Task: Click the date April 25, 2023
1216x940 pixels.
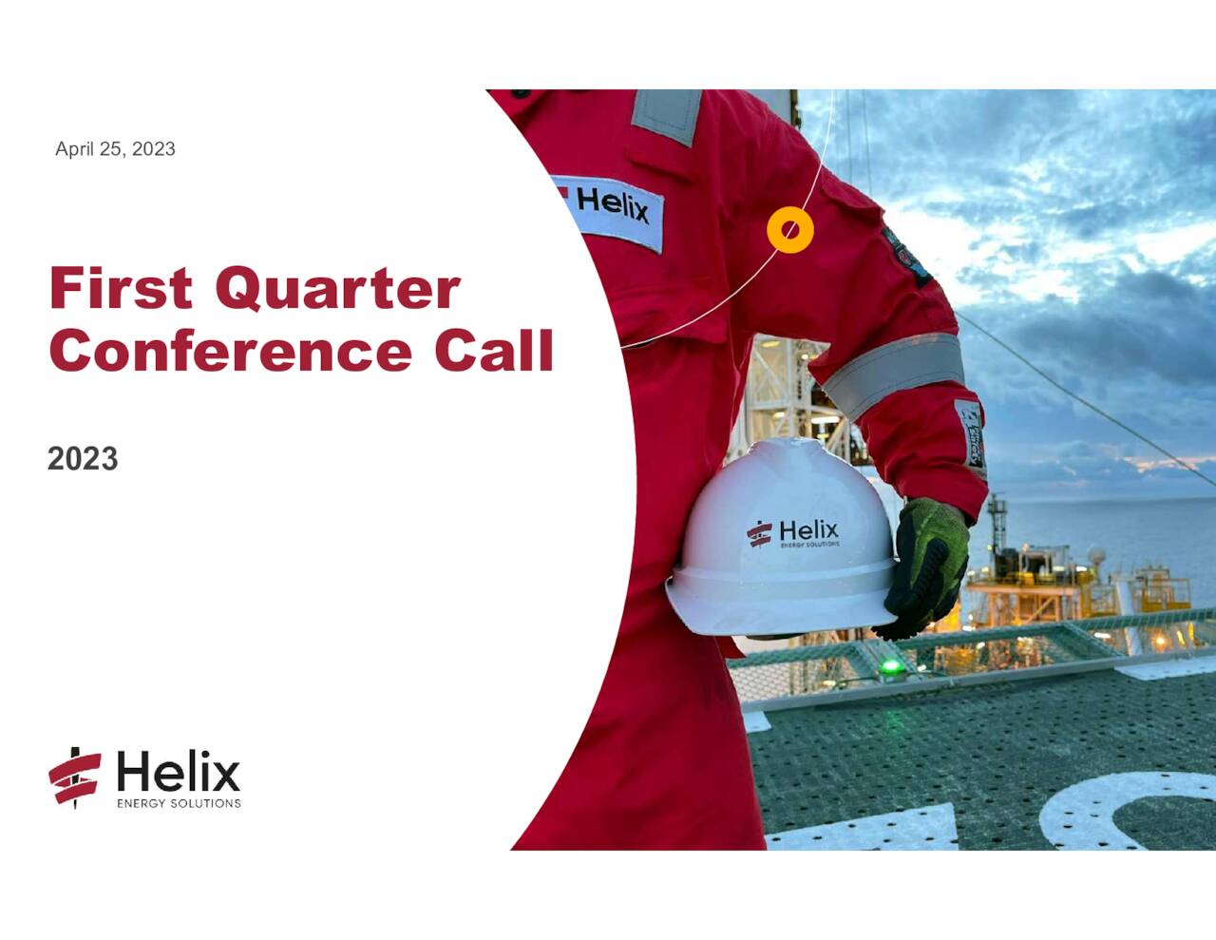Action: [x=115, y=149]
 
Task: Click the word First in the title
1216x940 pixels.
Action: [x=121, y=288]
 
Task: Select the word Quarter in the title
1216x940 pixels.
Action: [x=337, y=290]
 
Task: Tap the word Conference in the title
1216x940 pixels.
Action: [x=230, y=351]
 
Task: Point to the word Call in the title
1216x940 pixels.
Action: [x=494, y=351]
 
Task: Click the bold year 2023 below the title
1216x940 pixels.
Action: [x=83, y=459]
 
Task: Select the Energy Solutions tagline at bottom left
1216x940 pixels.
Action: [x=179, y=804]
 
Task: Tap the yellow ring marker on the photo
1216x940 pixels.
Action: [x=790, y=230]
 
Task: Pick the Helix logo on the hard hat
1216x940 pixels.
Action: [x=793, y=532]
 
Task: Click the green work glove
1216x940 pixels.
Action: [x=926, y=566]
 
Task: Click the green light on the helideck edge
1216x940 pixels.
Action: [x=891, y=665]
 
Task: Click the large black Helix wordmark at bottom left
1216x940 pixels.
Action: [x=179, y=772]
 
